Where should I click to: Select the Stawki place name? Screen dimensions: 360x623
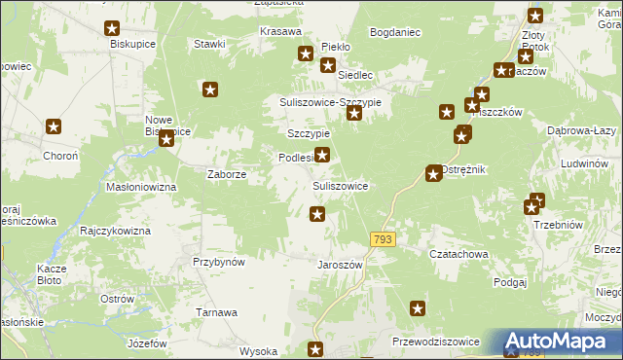click(209, 44)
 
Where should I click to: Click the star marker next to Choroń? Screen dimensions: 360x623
click(54, 126)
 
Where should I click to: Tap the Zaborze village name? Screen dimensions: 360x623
click(226, 175)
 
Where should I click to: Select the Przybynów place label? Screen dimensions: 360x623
click(218, 262)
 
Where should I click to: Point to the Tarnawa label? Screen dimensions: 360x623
click(217, 312)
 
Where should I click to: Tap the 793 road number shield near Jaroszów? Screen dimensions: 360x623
click(382, 238)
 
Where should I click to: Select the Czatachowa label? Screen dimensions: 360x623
click(458, 253)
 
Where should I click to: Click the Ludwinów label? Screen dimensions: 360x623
click(584, 163)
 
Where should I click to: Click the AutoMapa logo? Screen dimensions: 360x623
click(562, 342)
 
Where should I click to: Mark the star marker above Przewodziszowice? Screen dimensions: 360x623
click(418, 309)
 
